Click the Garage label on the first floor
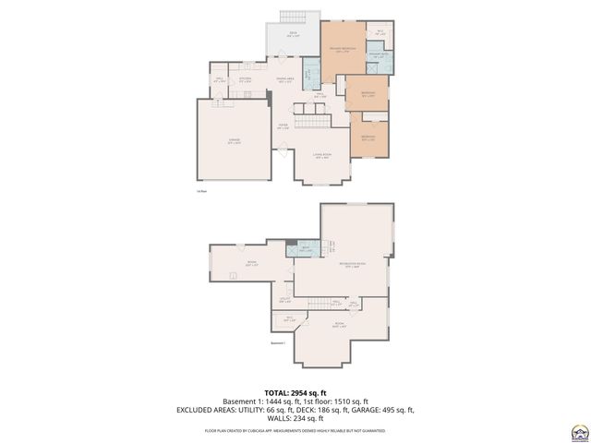point(235,141)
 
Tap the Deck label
point(291,34)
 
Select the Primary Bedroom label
point(342,52)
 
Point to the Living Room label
point(321,156)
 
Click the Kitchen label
point(245,79)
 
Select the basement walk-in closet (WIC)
point(288,320)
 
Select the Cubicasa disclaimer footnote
point(295,430)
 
